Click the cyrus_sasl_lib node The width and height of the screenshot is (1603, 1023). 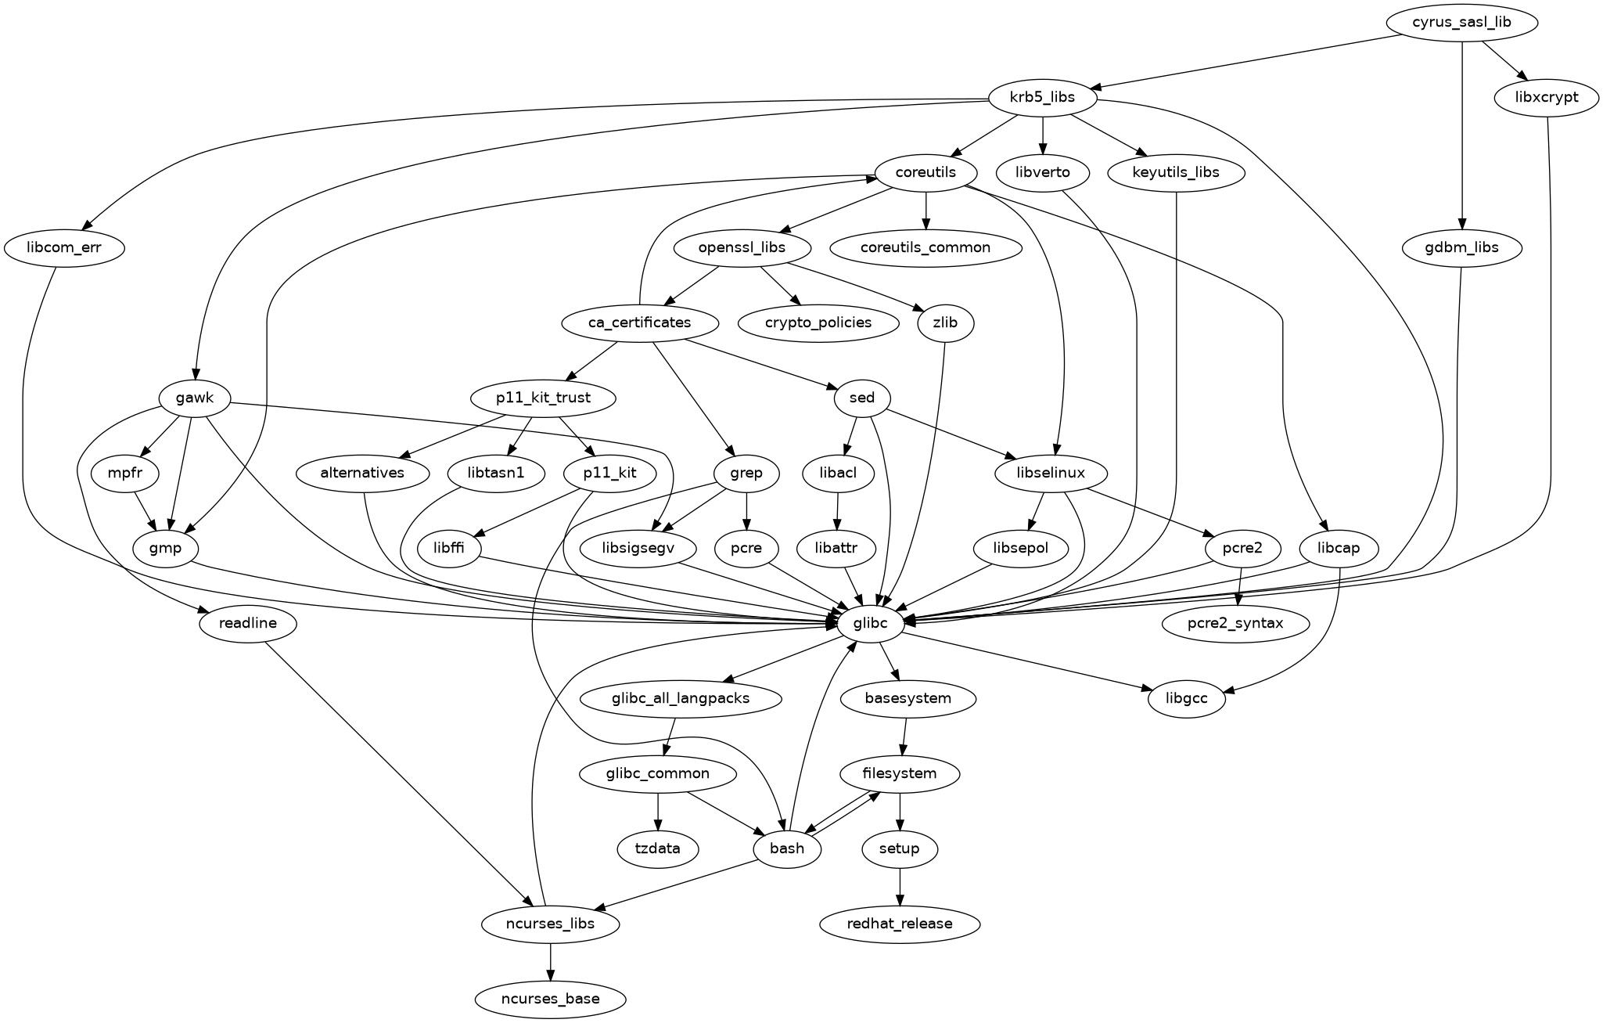point(1461,23)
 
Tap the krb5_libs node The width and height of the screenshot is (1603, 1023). point(1043,98)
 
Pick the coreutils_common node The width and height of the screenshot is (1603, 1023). point(925,248)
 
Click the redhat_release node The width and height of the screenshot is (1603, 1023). point(900,924)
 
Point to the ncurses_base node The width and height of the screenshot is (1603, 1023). point(551,999)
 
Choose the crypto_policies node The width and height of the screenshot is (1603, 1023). point(818,322)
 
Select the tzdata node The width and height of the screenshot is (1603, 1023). point(658,848)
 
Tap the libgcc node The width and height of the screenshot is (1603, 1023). point(1186,698)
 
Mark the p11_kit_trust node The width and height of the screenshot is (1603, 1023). point(543,398)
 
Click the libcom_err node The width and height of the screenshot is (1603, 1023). point(65,248)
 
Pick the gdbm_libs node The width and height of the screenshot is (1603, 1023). point(1461,248)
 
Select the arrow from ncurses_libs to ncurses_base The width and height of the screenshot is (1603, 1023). point(551,961)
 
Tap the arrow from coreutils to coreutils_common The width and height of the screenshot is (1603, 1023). point(925,210)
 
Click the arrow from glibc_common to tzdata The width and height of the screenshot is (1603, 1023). point(658,812)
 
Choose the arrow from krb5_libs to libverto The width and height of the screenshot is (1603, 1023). point(1043,135)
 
